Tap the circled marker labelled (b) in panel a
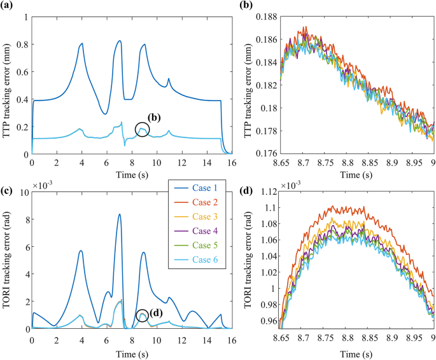tap(143, 130)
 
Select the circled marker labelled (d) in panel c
tap(143, 315)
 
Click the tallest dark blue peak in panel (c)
tap(119, 214)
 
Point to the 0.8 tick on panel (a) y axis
tap(21, 44)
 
